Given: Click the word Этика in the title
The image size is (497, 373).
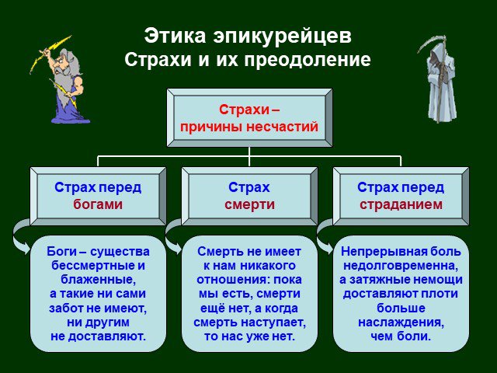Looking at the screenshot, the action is (x=175, y=36).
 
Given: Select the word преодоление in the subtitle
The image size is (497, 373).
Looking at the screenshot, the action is (x=308, y=60).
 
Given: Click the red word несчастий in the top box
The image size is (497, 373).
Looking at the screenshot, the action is (x=282, y=127).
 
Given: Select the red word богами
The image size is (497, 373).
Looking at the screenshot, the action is (x=98, y=204).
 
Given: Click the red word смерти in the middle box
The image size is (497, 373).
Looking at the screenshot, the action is (x=249, y=204).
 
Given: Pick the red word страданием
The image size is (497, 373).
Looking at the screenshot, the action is (x=401, y=204).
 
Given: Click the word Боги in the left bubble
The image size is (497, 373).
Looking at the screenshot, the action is (x=61, y=251).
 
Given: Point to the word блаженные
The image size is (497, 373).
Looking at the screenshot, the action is (x=98, y=280).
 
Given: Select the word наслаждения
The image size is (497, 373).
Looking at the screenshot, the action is (x=401, y=322).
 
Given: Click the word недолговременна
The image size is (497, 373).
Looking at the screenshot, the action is (x=401, y=266).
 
